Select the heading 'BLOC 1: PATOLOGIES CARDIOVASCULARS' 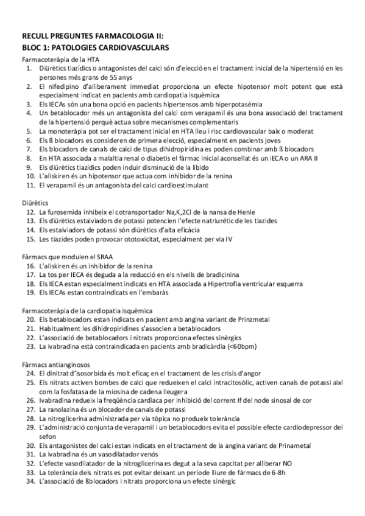coord(95,47)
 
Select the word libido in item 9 coord(194,167)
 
